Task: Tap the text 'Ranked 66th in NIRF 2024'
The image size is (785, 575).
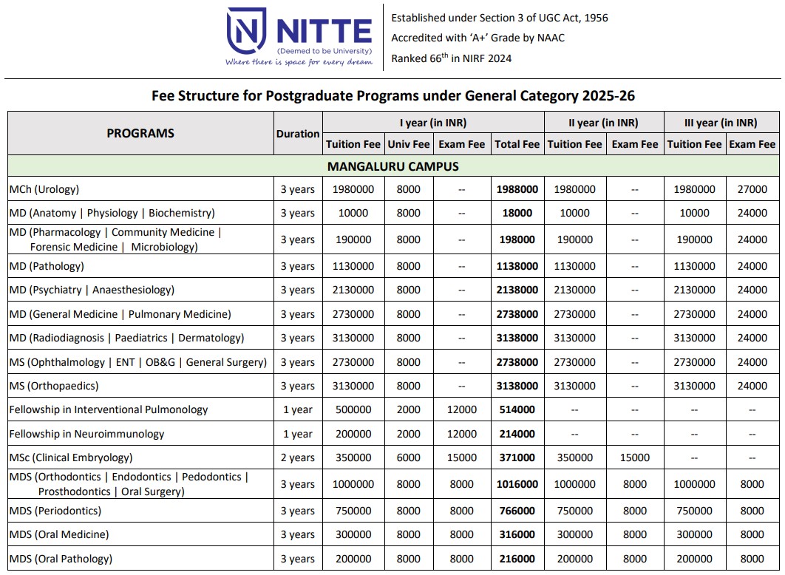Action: (x=451, y=58)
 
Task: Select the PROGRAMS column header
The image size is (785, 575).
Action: (x=140, y=133)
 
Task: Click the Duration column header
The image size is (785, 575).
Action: (x=298, y=134)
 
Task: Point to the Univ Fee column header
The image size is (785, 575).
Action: (x=409, y=144)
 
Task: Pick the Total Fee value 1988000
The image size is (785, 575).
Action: (x=517, y=189)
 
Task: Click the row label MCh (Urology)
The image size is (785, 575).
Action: (x=44, y=189)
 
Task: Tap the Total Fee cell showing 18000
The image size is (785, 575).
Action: (x=517, y=213)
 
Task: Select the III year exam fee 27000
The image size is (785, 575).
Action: (x=752, y=189)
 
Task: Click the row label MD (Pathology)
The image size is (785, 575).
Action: (x=47, y=266)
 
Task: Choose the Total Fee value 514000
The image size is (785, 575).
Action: (x=517, y=409)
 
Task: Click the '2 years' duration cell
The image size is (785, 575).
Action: (x=298, y=457)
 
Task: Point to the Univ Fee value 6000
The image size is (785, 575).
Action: (x=409, y=457)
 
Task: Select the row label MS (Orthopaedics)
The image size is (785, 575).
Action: (x=54, y=386)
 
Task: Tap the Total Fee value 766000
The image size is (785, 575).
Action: (x=517, y=511)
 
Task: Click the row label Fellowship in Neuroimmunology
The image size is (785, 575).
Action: (x=86, y=434)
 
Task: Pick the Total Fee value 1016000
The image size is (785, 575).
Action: (x=517, y=484)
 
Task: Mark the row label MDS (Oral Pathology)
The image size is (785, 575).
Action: (x=61, y=559)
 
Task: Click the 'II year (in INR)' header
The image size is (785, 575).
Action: (x=603, y=123)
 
